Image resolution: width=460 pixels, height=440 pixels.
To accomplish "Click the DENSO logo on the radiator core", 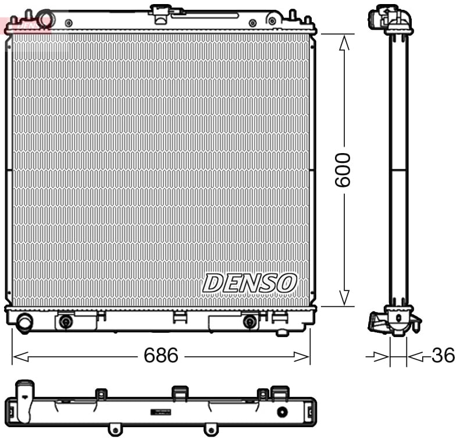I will tap(249, 283).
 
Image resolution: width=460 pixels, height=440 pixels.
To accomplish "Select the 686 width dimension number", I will tap(161, 356).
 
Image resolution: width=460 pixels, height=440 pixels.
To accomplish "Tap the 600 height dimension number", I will tap(343, 169).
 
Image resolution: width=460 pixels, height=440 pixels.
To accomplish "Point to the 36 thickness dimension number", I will tap(443, 356).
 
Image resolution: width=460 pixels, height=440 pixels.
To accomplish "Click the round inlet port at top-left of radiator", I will tap(46, 19).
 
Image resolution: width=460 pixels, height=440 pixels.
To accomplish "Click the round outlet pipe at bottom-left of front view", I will tap(24, 322).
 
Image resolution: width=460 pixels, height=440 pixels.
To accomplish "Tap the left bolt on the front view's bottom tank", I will tap(66, 321).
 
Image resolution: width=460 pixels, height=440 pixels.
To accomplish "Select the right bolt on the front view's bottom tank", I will tap(249, 321).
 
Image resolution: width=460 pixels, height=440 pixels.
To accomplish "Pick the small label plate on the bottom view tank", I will tap(162, 412).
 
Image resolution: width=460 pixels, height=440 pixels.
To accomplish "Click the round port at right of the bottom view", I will tap(283, 412).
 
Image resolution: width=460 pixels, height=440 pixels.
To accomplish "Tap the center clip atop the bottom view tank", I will tap(179, 393).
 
